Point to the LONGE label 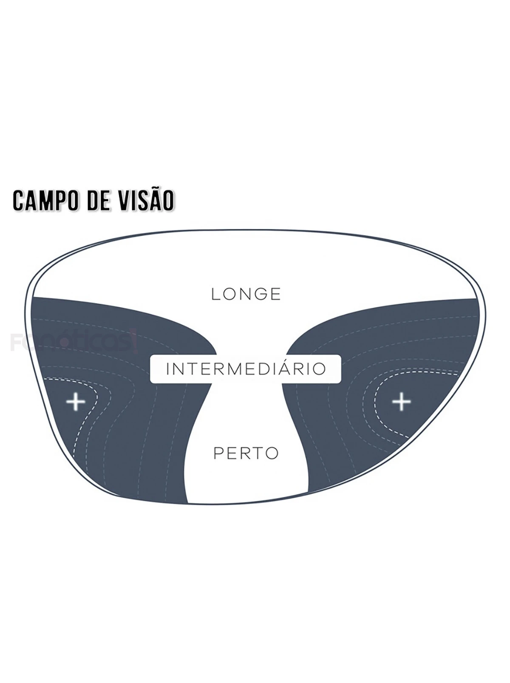point(246,294)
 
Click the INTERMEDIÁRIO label point(246,368)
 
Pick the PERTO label point(246,453)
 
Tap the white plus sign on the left point(76,401)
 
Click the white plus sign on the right point(401,401)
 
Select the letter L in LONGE point(215,294)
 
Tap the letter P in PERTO point(218,453)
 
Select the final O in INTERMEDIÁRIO point(319,368)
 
